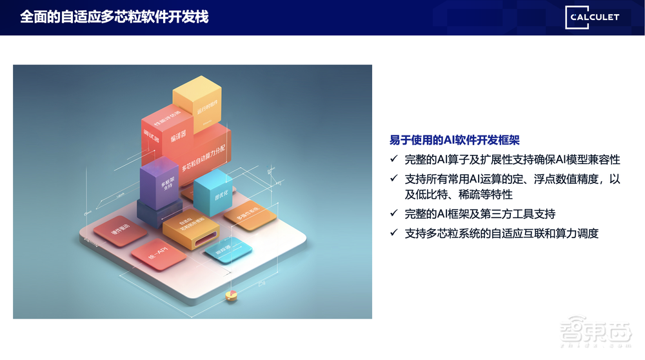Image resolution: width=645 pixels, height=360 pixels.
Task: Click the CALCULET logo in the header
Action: (593, 17)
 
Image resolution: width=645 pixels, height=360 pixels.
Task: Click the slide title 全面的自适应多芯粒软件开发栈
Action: (114, 17)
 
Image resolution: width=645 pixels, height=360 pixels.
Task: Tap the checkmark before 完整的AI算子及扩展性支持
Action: (395, 159)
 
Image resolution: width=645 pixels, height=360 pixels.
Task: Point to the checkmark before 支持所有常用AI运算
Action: (395, 179)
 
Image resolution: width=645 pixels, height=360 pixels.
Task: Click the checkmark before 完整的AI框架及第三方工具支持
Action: (395, 214)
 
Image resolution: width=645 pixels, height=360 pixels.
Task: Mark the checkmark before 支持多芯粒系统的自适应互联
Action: (395, 233)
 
